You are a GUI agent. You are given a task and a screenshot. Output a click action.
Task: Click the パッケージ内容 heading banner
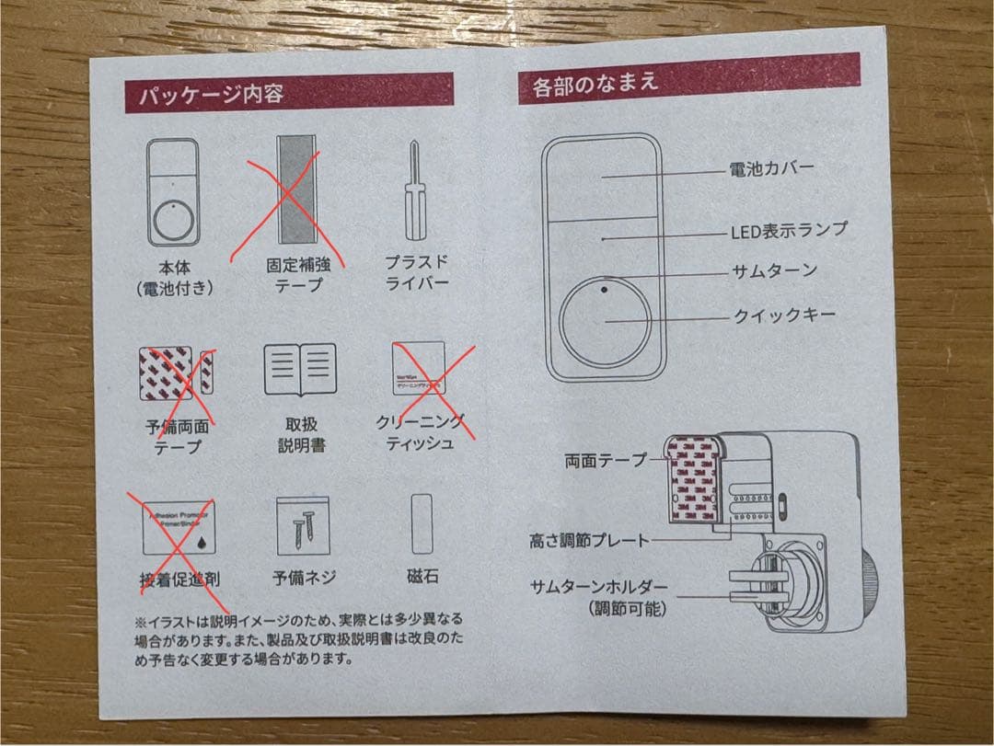click(x=289, y=93)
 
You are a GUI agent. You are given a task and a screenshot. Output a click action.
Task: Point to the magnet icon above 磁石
click(x=422, y=524)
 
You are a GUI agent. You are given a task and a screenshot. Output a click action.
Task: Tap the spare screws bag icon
click(x=303, y=526)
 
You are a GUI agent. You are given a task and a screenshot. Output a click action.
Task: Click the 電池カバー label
click(x=771, y=169)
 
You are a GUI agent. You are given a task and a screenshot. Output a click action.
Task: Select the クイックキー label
click(x=784, y=316)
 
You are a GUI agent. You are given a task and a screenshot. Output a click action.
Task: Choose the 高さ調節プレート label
click(x=589, y=540)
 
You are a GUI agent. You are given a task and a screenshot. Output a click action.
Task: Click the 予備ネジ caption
click(x=304, y=578)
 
